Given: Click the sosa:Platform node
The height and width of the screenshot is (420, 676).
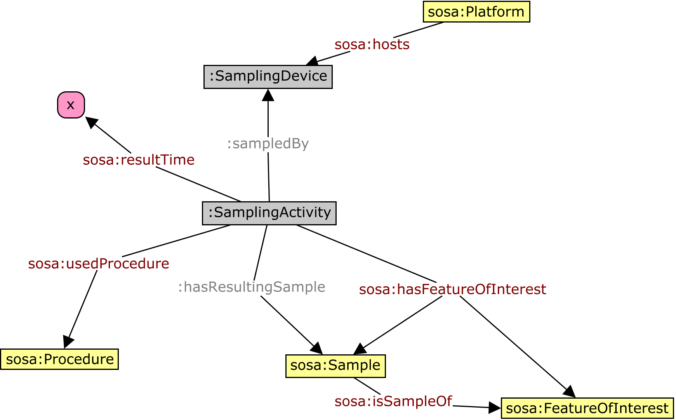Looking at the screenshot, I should (x=476, y=12).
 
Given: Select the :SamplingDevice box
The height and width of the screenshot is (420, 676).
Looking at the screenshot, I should (x=268, y=77).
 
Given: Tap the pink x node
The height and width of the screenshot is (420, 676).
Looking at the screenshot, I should (x=71, y=105).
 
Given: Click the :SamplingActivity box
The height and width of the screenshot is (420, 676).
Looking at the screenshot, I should (x=269, y=213).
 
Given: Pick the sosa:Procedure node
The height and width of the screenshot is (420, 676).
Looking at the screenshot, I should (x=59, y=359).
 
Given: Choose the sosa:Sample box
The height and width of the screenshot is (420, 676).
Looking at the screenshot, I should (x=335, y=366).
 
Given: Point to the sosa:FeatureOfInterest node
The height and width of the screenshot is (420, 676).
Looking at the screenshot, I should (x=587, y=408).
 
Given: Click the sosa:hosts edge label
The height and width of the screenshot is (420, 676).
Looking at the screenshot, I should (x=372, y=44).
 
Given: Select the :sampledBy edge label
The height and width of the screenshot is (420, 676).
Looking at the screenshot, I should (x=268, y=143).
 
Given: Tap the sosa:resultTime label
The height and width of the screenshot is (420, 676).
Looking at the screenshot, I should (x=139, y=160).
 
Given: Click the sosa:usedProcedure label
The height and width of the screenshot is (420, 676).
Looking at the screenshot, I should (x=99, y=263).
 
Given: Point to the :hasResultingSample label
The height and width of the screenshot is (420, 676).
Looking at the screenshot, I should (x=252, y=287).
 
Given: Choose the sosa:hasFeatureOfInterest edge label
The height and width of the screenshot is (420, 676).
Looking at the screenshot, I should (x=452, y=289).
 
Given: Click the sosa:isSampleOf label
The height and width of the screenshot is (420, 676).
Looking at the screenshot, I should (x=393, y=401).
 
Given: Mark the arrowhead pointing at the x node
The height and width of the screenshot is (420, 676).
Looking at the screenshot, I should (x=91, y=122).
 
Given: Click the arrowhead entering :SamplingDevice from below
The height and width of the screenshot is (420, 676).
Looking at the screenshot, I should (x=268, y=95).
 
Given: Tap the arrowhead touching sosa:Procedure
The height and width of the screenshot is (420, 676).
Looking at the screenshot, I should (x=68, y=342).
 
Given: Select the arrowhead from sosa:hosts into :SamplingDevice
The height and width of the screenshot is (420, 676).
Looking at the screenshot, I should (x=312, y=61).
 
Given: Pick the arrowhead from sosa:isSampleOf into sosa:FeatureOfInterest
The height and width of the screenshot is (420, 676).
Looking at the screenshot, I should (x=495, y=408).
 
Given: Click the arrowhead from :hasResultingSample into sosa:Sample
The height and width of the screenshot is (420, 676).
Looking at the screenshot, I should (x=317, y=348).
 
